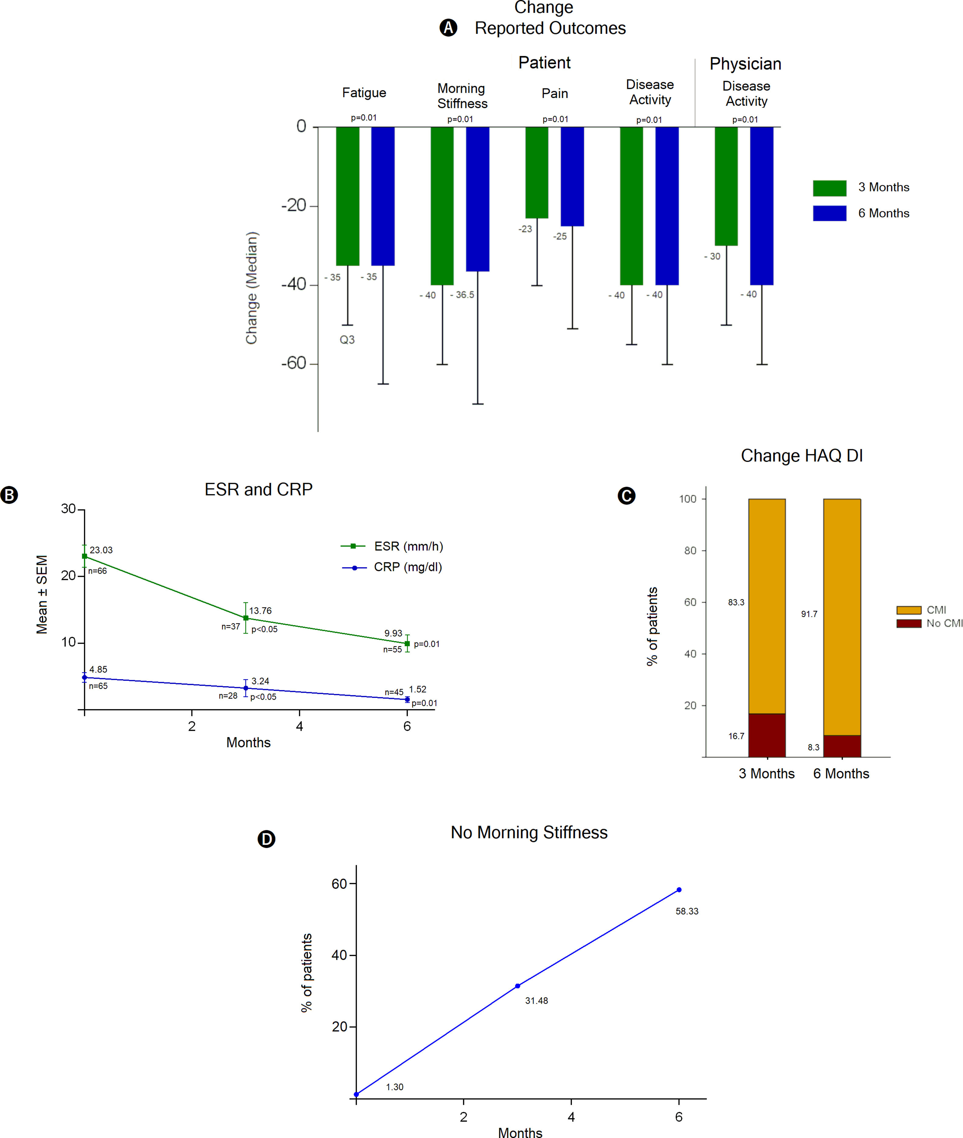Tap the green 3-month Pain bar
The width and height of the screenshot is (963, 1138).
(x=537, y=172)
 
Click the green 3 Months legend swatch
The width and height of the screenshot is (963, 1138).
(x=829, y=188)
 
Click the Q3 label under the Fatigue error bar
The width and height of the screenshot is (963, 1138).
(x=347, y=340)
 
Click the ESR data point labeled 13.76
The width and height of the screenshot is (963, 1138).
(x=246, y=618)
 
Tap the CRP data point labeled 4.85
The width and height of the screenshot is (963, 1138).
(x=85, y=678)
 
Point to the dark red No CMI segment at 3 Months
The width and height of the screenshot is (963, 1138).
(x=767, y=735)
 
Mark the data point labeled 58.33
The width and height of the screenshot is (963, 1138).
(x=679, y=890)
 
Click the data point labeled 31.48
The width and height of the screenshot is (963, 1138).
(x=518, y=986)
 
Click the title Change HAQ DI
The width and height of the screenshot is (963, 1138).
(x=802, y=456)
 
